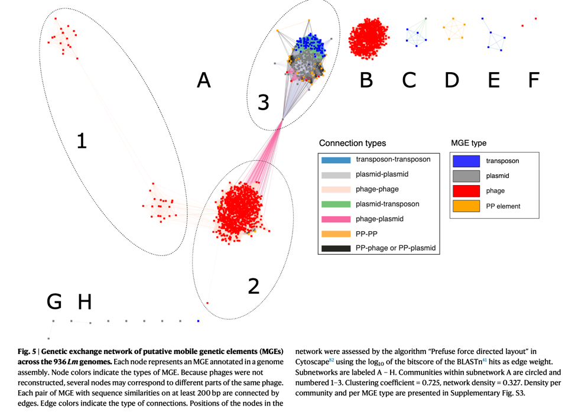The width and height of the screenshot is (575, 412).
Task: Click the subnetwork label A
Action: tap(203, 80)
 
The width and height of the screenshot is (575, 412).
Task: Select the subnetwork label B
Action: tap(366, 80)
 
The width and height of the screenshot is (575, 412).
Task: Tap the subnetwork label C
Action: tap(409, 80)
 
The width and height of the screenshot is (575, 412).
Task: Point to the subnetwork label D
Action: tap(451, 80)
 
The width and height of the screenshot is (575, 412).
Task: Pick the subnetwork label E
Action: tap(494, 80)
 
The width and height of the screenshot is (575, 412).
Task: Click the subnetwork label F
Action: tap(534, 80)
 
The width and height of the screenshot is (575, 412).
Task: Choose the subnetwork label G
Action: tap(54, 302)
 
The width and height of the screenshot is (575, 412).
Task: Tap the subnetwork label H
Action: tap(85, 302)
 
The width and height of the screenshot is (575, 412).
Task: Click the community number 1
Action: tap(82, 141)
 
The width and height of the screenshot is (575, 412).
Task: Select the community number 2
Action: tap(254, 286)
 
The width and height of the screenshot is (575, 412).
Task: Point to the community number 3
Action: tap(264, 103)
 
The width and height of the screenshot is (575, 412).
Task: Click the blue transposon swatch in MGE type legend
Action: tap(465, 160)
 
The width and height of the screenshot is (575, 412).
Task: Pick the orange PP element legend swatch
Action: tap(465, 206)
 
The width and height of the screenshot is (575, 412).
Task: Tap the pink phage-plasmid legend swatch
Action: tap(335, 219)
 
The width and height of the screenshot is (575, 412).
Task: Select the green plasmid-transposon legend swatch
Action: tap(335, 204)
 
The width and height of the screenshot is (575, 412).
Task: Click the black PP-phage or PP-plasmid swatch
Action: tap(335, 248)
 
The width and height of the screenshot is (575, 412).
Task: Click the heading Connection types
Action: tap(352, 144)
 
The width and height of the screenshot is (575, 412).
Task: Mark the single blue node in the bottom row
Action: tap(199, 321)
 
